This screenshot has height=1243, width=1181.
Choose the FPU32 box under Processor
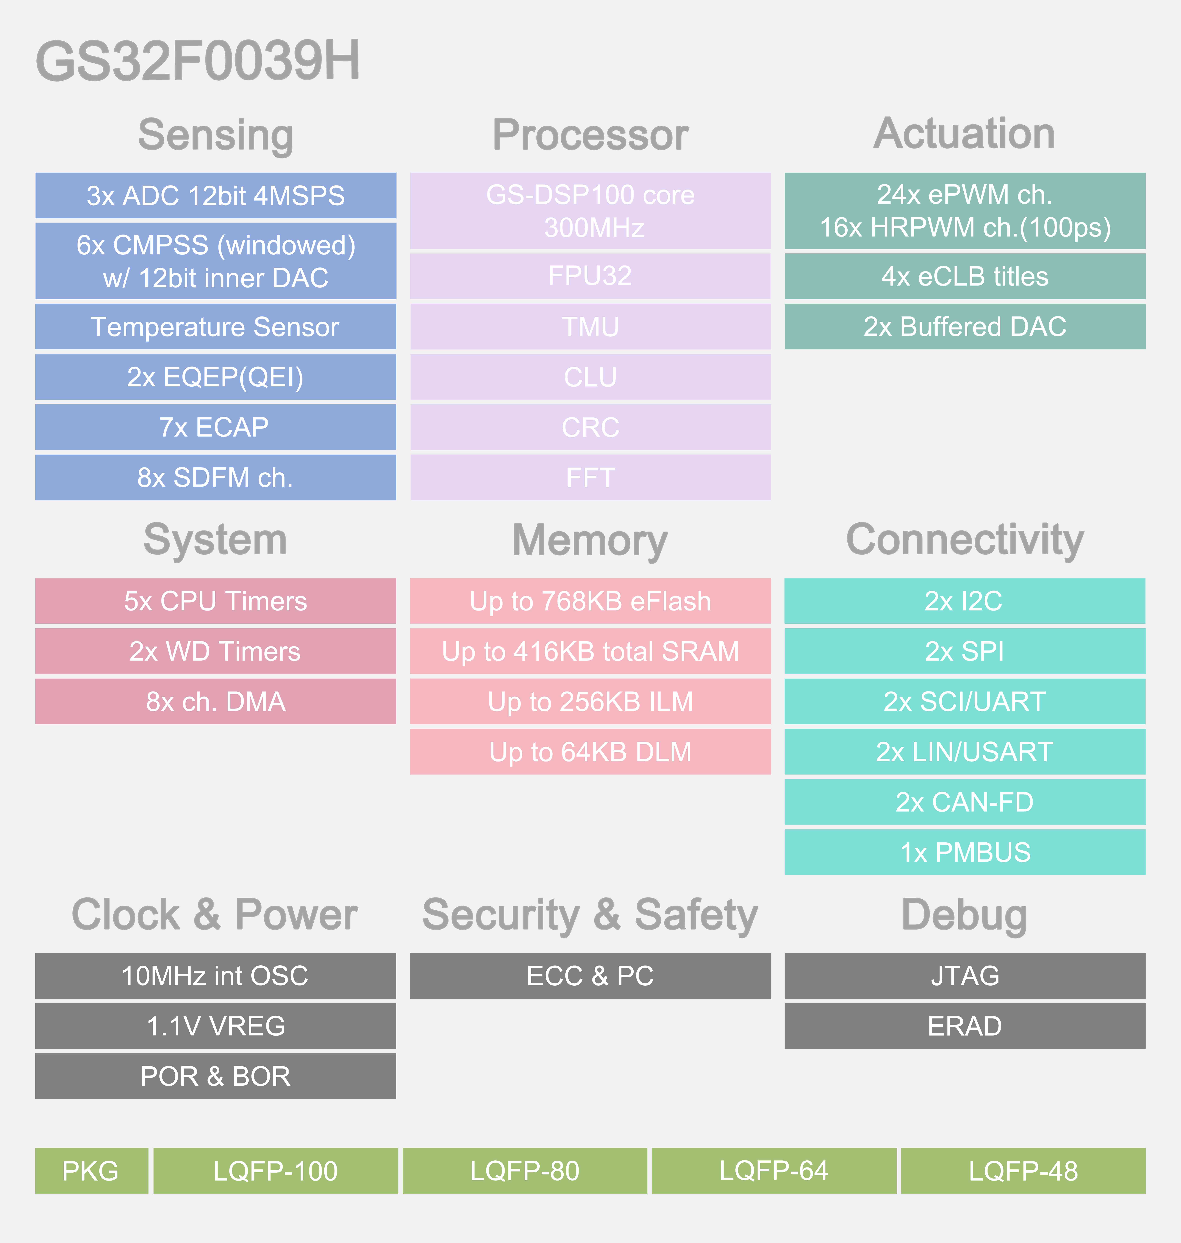591,276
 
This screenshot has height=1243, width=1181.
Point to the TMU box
591,327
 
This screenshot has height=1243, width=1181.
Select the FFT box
591,478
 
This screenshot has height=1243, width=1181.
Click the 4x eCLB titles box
965,276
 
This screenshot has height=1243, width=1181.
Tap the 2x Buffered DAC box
965,327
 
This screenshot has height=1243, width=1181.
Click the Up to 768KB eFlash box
591,601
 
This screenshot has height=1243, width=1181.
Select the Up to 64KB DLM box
591,752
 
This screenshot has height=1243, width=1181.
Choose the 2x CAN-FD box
965,802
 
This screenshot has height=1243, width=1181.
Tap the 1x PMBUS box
965,853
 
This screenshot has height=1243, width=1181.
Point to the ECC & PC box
591,976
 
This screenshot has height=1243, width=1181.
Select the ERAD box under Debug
965,1026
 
